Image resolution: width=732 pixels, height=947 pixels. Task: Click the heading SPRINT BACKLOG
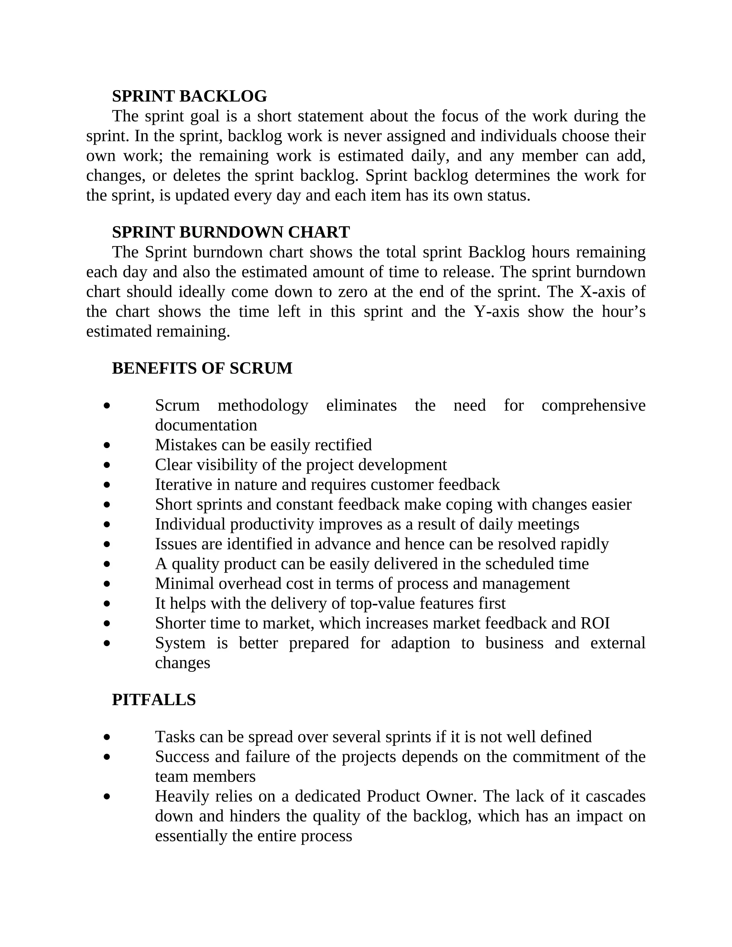point(189,96)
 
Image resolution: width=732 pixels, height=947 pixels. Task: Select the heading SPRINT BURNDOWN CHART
point(231,232)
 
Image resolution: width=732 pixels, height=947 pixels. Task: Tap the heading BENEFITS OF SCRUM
point(202,368)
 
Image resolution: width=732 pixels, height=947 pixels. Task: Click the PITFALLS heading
point(154,700)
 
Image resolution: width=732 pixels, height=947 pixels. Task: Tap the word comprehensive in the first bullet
point(593,406)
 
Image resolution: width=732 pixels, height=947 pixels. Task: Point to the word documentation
point(206,425)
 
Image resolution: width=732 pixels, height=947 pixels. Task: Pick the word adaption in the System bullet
point(420,643)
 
